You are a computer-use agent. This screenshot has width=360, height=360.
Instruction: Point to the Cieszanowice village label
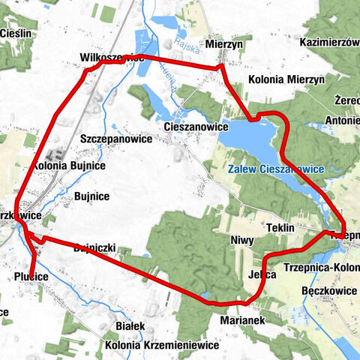196,127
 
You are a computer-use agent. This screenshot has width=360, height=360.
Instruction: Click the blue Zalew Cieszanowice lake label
277,169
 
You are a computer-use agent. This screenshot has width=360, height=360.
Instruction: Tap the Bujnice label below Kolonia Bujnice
92,196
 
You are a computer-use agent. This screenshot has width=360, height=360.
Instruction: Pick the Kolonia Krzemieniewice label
162,346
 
